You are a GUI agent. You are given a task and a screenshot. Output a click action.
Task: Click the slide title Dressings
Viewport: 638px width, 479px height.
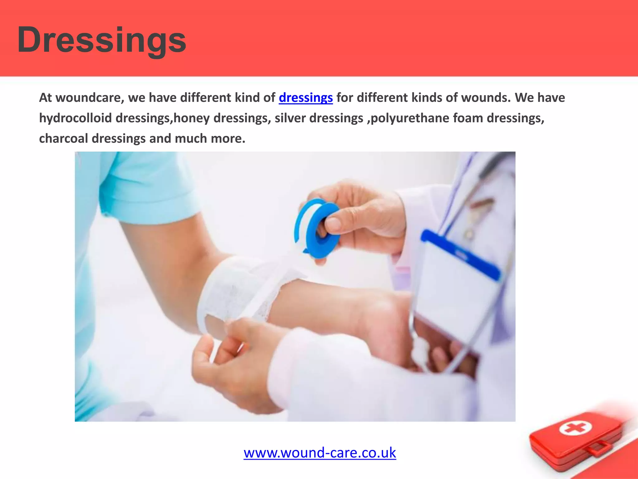click(x=102, y=40)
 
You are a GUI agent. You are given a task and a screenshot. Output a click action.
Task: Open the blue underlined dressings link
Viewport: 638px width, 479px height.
click(x=306, y=98)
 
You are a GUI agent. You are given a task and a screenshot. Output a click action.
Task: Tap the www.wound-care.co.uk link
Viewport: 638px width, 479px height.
click(x=320, y=453)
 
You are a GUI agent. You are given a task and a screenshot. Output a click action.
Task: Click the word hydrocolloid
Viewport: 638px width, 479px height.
click(x=75, y=118)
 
